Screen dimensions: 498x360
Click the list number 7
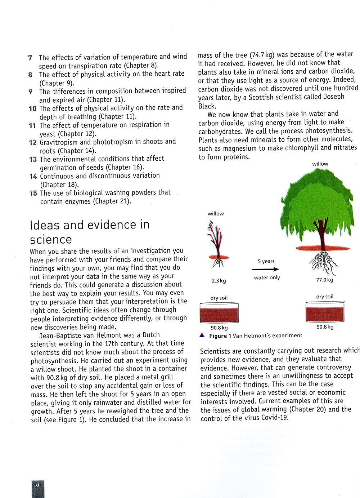(30, 58)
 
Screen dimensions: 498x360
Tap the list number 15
(33, 193)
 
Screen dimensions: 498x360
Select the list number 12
(33, 142)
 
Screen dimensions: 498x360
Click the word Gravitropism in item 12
(58, 142)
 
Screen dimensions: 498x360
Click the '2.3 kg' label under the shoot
(219, 281)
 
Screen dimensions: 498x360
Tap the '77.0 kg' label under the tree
(324, 280)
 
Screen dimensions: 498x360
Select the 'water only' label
(267, 277)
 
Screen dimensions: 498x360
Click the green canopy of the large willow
(319, 209)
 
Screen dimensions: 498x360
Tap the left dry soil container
(219, 312)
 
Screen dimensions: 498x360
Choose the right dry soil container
(325, 312)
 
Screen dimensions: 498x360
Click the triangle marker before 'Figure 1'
(202, 335)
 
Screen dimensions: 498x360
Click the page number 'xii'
(38, 485)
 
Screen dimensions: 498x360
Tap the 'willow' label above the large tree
(320, 164)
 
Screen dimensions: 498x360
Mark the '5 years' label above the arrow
(266, 261)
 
